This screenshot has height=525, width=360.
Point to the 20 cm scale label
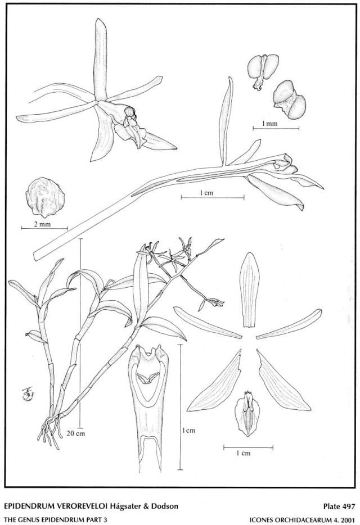coord(75,433)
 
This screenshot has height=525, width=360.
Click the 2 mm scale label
coord(43,224)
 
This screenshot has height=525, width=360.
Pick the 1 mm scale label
coord(270,124)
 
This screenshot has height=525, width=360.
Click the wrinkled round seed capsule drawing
coord(45,197)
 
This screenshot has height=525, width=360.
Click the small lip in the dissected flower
coord(247,413)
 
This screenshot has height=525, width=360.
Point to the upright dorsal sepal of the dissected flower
coord(249,290)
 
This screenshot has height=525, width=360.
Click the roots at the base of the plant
coord(51,430)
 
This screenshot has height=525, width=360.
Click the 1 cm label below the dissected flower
coord(244,454)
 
